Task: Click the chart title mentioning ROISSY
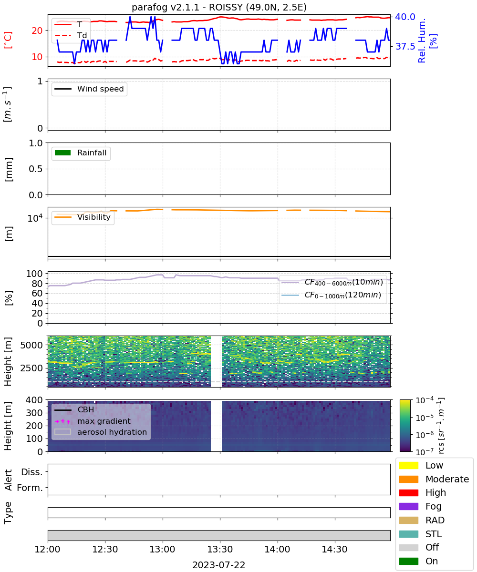coord(219,7)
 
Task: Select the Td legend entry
coord(71,35)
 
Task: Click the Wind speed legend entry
coord(89,89)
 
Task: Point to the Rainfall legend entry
coord(81,153)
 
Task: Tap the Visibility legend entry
coord(83,217)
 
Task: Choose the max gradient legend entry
coord(93,421)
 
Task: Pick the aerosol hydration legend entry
coord(101,432)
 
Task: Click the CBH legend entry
coord(74,409)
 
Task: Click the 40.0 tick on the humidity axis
coord(405,17)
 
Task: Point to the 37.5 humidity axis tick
coord(405,46)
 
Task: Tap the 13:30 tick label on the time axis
coord(220,549)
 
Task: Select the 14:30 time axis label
coord(334,549)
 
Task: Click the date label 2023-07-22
coord(219,565)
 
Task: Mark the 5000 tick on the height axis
coord(31,345)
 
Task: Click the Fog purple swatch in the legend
coord(408,506)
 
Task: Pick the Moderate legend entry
coord(434,479)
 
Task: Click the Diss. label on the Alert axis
coord(32,472)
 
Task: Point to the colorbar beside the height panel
coord(405,426)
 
